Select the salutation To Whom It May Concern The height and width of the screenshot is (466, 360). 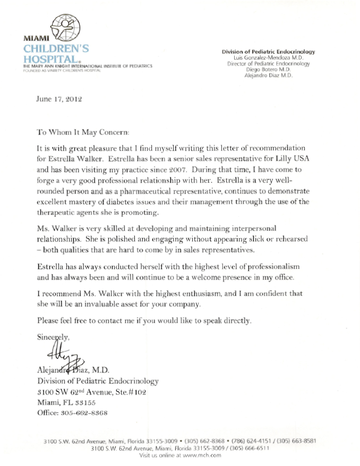click(x=82, y=131)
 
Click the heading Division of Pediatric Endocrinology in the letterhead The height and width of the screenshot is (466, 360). click(x=268, y=52)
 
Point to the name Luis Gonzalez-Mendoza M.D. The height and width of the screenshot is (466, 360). click(x=268, y=58)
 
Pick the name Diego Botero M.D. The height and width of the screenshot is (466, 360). click(x=268, y=70)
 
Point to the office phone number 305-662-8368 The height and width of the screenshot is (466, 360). click(x=82, y=413)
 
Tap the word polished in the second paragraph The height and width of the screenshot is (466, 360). click(x=187, y=239)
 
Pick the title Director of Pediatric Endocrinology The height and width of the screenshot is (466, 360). click(x=268, y=64)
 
